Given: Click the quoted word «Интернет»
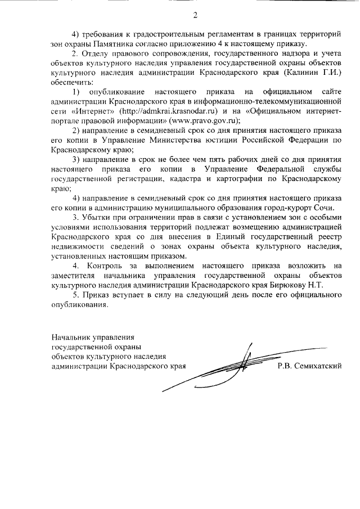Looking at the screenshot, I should (85, 111).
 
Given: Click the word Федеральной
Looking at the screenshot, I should (274, 169).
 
